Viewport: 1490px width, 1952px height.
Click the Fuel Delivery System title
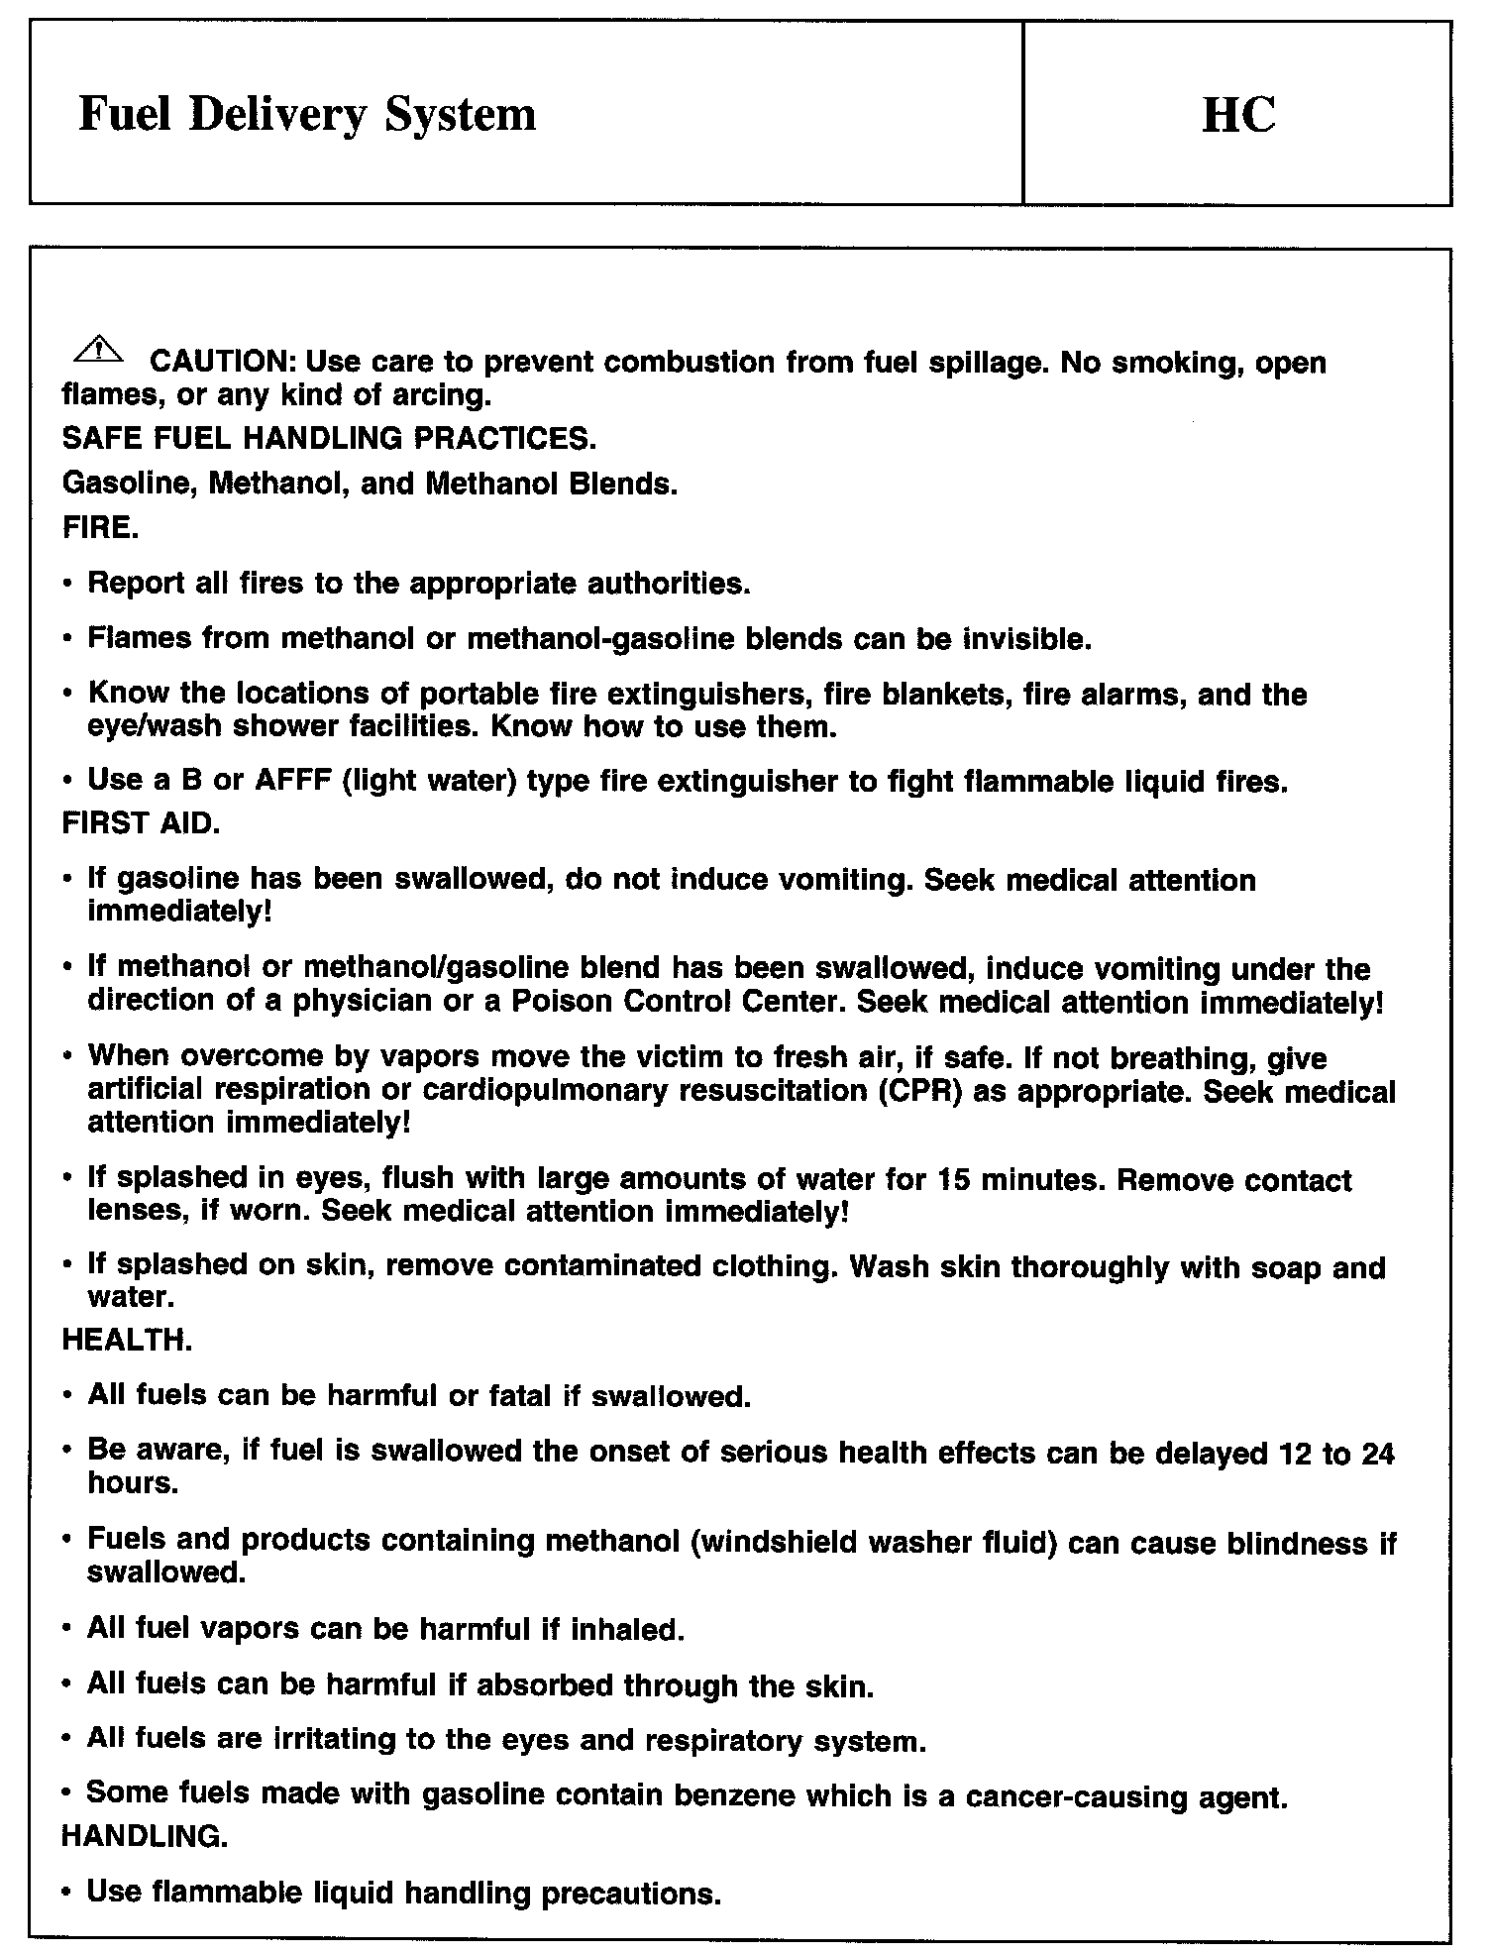307,114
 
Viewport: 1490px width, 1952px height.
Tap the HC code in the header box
1237,114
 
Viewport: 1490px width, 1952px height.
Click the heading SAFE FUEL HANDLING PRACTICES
329,437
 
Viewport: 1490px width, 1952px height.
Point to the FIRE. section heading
100,527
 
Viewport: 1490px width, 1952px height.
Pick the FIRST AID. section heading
141,824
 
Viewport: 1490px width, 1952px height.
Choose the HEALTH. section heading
127,1341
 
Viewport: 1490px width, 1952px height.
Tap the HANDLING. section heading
145,1835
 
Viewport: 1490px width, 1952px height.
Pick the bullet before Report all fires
68,585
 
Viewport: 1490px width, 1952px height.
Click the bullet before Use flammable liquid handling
68,1894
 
